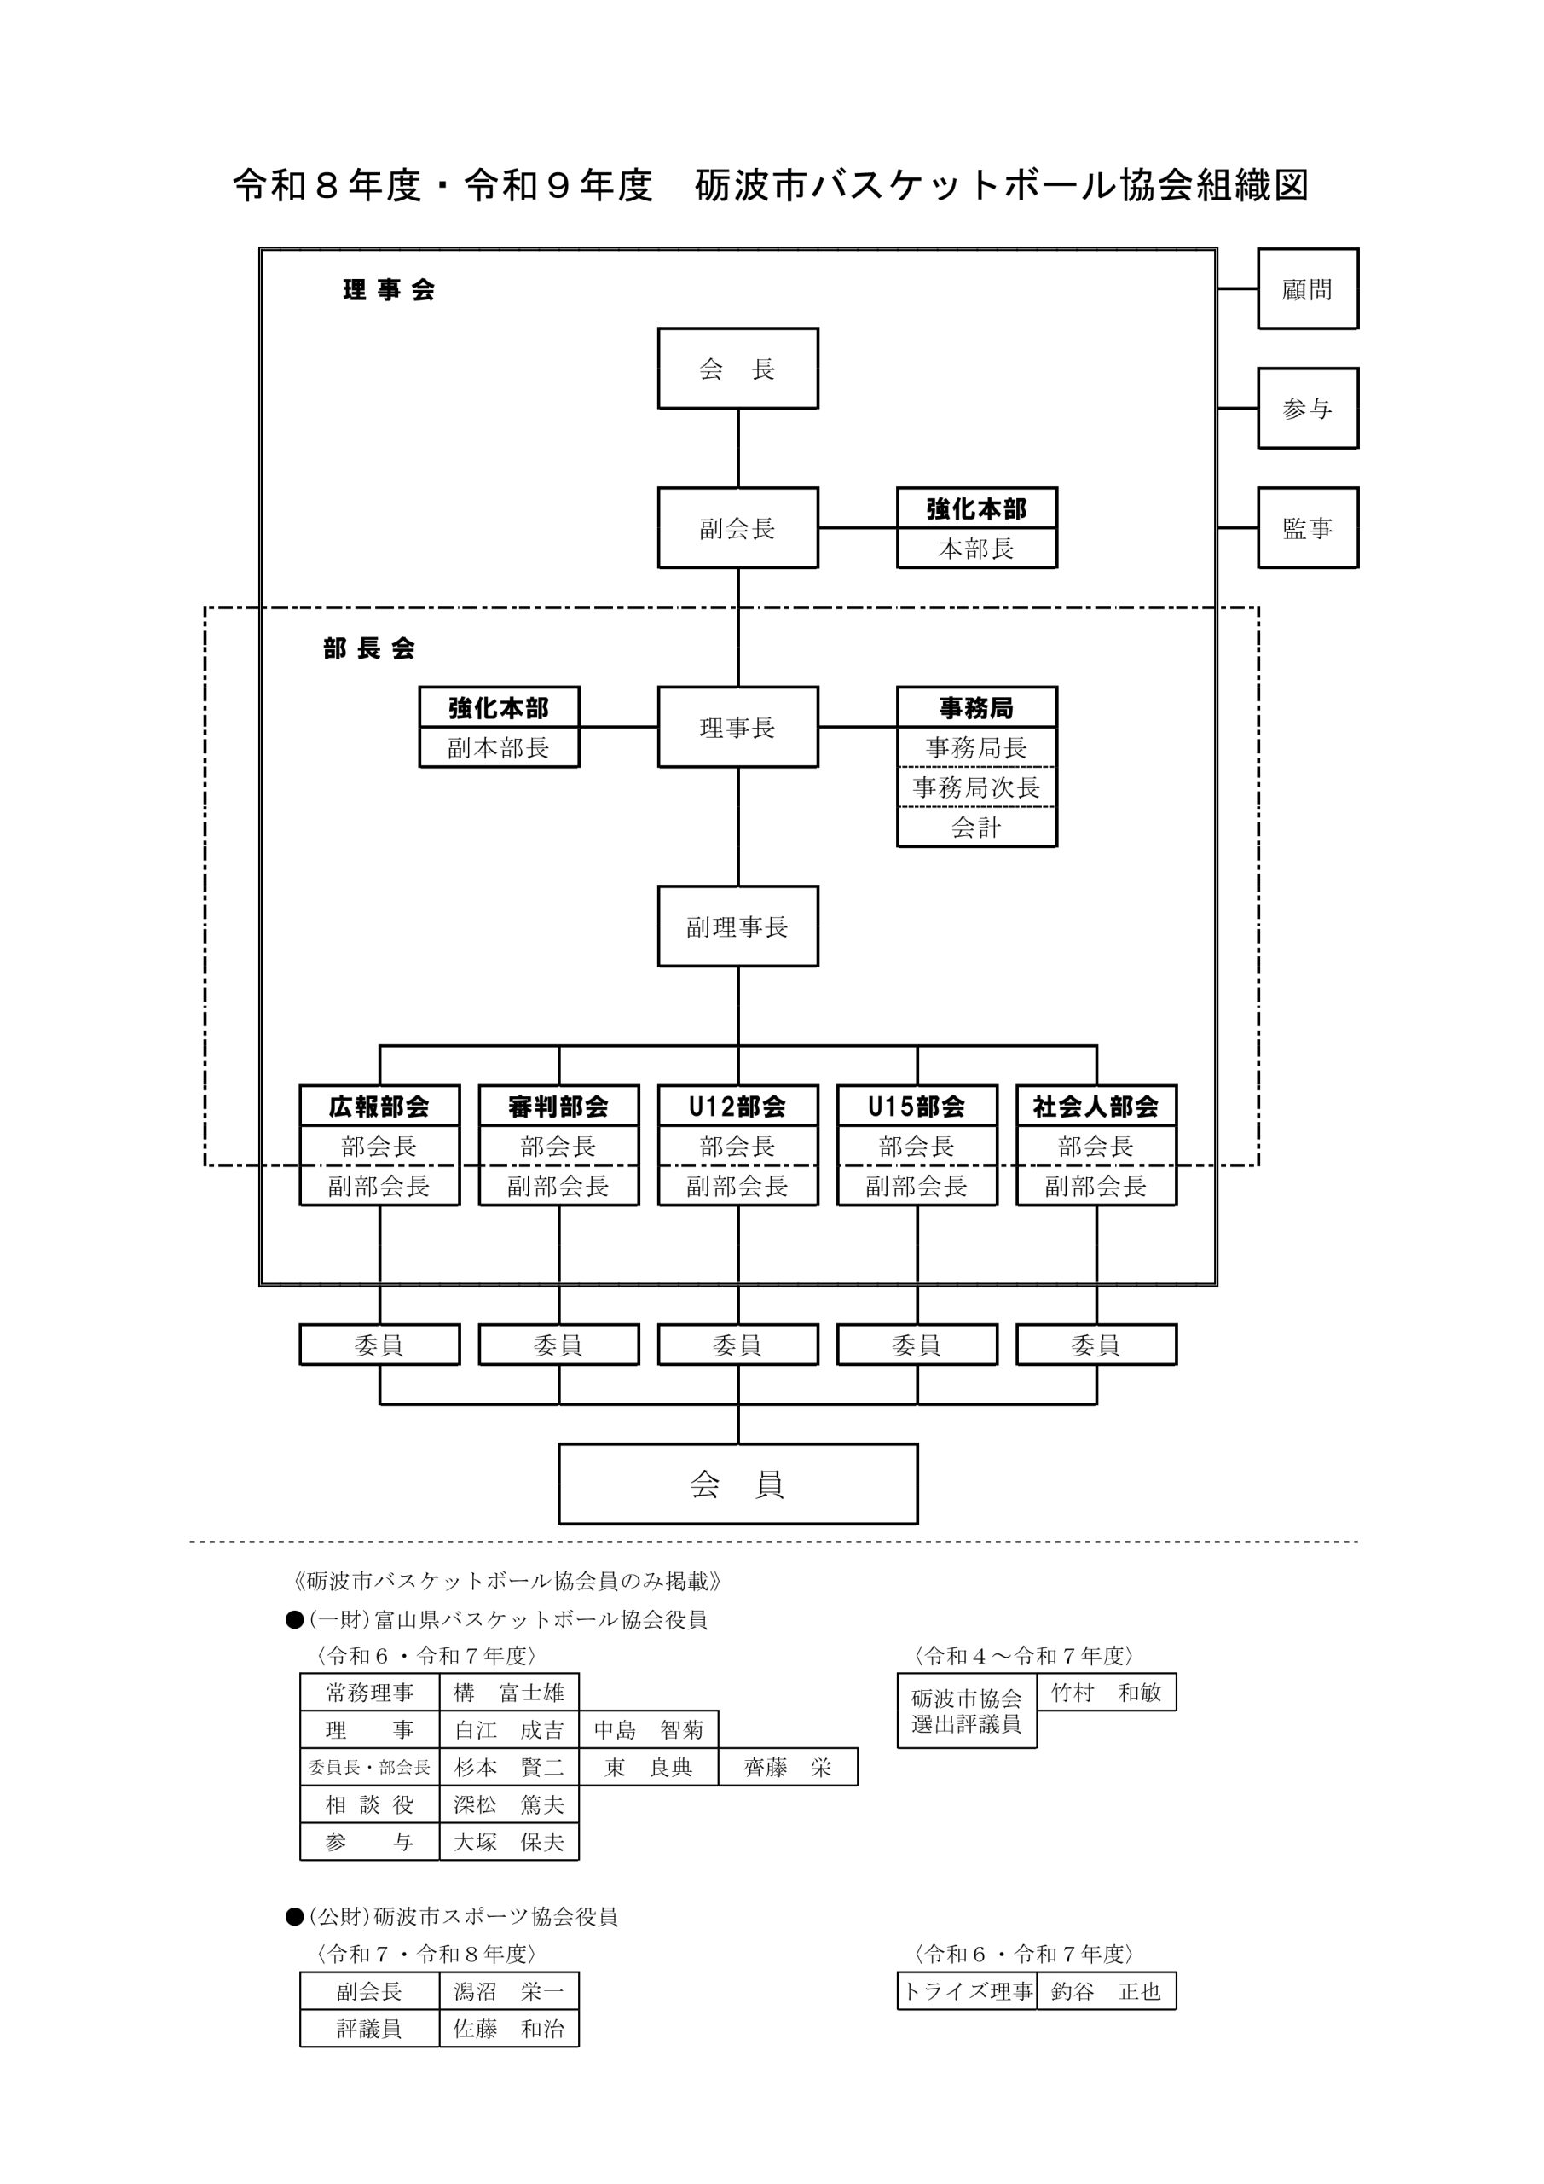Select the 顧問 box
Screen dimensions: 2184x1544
pyautogui.click(x=1307, y=289)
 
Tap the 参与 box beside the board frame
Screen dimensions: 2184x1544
pyautogui.click(x=1307, y=408)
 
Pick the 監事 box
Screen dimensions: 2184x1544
pyautogui.click(x=1307, y=528)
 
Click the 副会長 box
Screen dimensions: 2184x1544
pyautogui.click(x=737, y=528)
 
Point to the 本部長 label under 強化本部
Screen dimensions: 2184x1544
pyautogui.click(x=976, y=549)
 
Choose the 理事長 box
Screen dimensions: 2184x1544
pyautogui.click(x=737, y=728)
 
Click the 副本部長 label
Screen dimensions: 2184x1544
pyautogui.click(x=499, y=747)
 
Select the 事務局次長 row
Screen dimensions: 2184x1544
pyautogui.click(x=976, y=787)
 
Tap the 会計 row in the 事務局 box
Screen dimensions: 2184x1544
pyautogui.click(x=976, y=828)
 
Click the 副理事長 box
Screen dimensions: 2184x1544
pyautogui.click(x=737, y=926)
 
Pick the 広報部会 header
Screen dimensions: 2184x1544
pyautogui.click(x=379, y=1107)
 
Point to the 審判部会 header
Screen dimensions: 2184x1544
pyautogui.click(x=558, y=1107)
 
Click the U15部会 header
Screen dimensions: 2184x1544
pyautogui.click(x=917, y=1107)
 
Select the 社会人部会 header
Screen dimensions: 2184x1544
pyautogui.click(x=1096, y=1107)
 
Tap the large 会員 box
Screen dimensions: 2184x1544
pyautogui.click(x=737, y=1484)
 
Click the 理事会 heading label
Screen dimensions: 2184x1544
pyautogui.click(x=389, y=290)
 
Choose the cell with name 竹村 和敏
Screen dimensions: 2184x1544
pyautogui.click(x=1106, y=1693)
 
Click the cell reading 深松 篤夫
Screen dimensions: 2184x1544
pyautogui.click(x=509, y=1804)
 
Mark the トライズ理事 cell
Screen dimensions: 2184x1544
pyautogui.click(x=967, y=1992)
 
